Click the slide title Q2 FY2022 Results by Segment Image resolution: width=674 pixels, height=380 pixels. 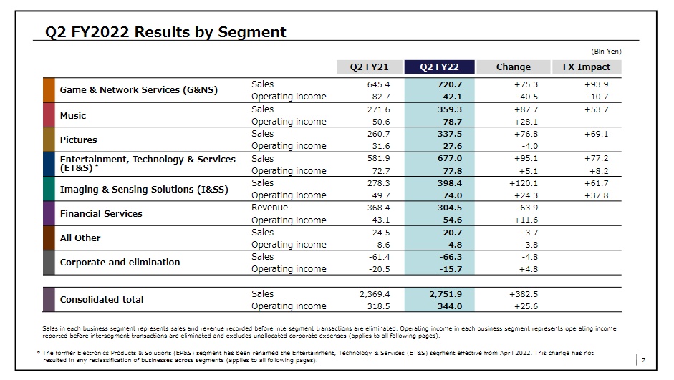(x=165, y=32)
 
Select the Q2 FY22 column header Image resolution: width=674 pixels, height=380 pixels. (x=439, y=67)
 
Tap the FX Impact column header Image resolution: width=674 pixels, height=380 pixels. (x=586, y=67)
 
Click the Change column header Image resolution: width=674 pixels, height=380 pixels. (x=513, y=67)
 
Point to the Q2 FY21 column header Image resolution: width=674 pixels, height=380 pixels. (x=369, y=67)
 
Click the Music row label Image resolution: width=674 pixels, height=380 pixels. (x=73, y=115)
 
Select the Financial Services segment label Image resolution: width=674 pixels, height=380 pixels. (x=101, y=213)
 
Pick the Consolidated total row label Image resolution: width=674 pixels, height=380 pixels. (x=102, y=299)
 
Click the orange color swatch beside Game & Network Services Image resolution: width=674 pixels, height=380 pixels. (x=49, y=90)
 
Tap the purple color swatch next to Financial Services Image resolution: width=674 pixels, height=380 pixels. (x=49, y=213)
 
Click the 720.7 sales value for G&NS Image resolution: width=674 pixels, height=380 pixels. (x=450, y=84)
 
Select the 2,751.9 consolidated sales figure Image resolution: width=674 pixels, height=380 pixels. (x=446, y=294)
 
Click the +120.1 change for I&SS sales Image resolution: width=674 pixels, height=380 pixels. (x=523, y=183)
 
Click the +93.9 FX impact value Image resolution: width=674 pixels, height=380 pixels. (x=596, y=84)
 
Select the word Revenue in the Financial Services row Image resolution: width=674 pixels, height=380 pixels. (x=269, y=208)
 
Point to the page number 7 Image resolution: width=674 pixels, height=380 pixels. (x=643, y=359)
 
